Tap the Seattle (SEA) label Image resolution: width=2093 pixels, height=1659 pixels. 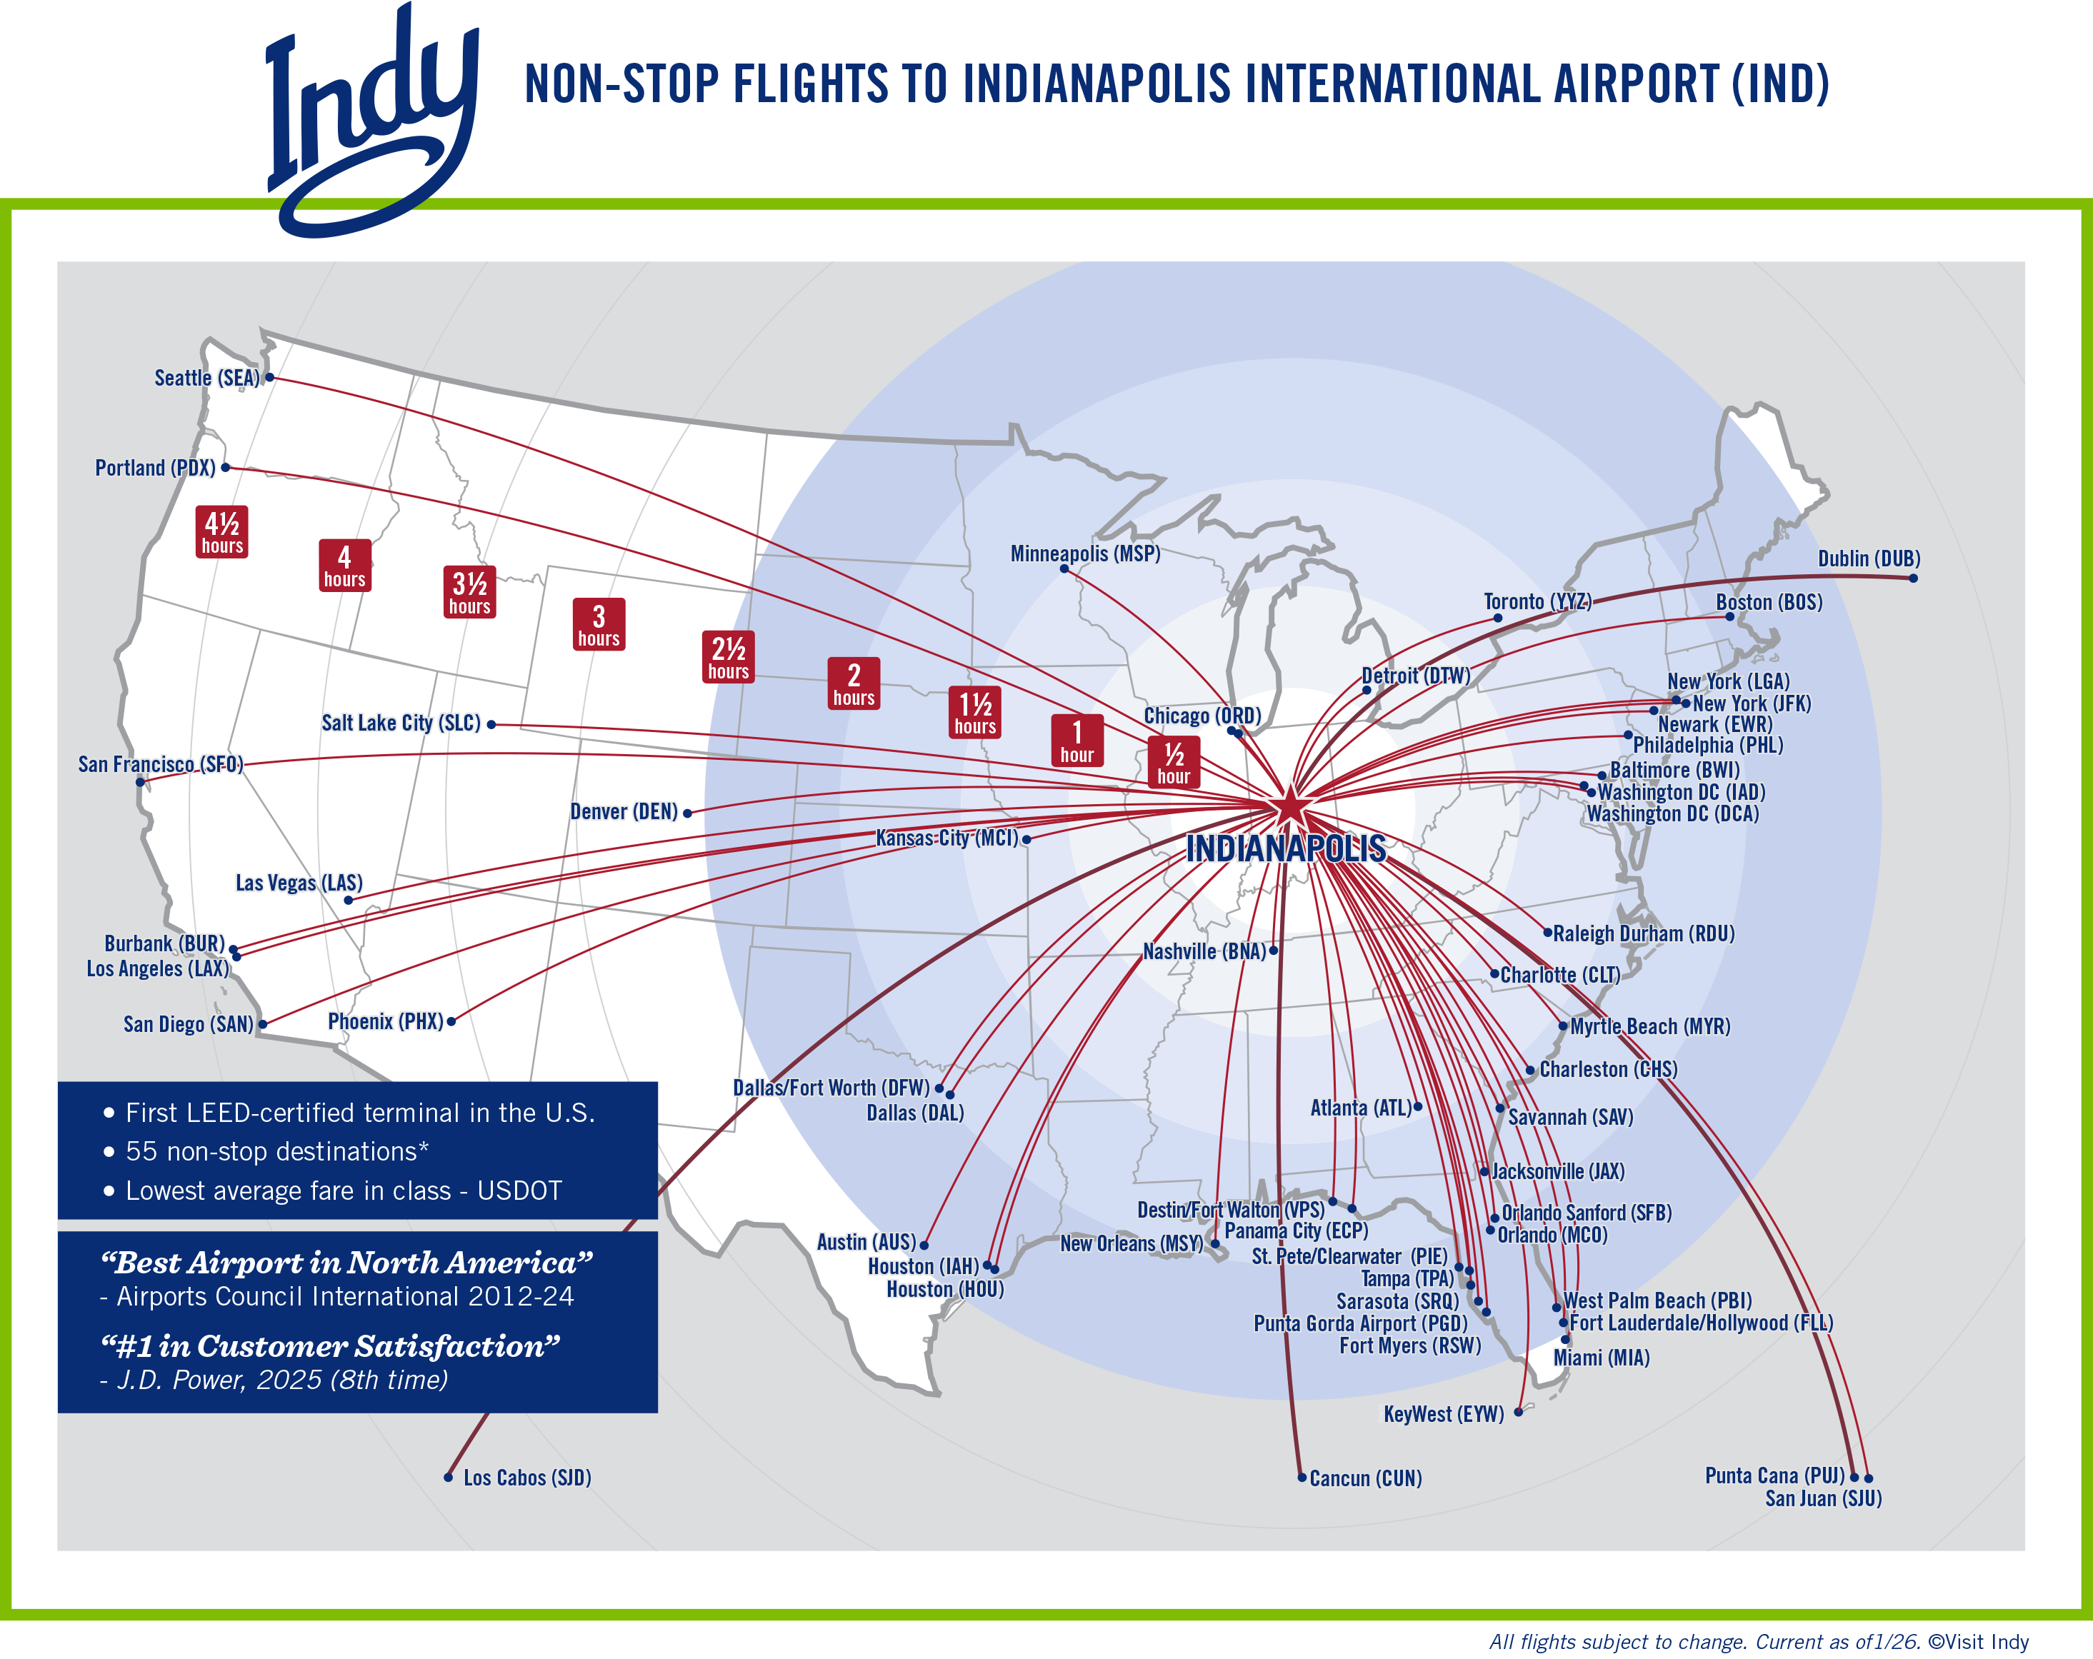click(206, 378)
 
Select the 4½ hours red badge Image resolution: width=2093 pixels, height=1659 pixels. click(221, 532)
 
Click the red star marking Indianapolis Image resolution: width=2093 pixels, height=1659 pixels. click(1290, 806)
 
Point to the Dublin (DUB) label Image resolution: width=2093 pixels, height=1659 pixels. click(1868, 559)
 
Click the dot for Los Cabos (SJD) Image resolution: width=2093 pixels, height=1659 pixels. click(449, 1478)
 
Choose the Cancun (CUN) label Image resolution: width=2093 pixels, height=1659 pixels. click(1365, 1478)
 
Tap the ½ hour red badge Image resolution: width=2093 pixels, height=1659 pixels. click(1174, 762)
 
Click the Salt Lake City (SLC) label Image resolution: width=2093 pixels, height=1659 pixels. click(401, 723)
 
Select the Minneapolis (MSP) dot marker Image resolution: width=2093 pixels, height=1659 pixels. click(1064, 569)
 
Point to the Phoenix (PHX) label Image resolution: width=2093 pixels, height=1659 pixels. click(386, 1021)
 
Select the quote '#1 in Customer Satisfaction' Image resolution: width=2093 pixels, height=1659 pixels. click(330, 1346)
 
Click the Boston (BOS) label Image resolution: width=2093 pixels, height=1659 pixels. click(1769, 602)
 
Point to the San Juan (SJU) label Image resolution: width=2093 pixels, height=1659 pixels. click(1822, 1499)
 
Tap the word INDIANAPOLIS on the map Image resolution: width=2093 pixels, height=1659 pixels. click(1285, 848)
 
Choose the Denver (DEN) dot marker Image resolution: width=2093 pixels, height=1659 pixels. click(687, 813)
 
